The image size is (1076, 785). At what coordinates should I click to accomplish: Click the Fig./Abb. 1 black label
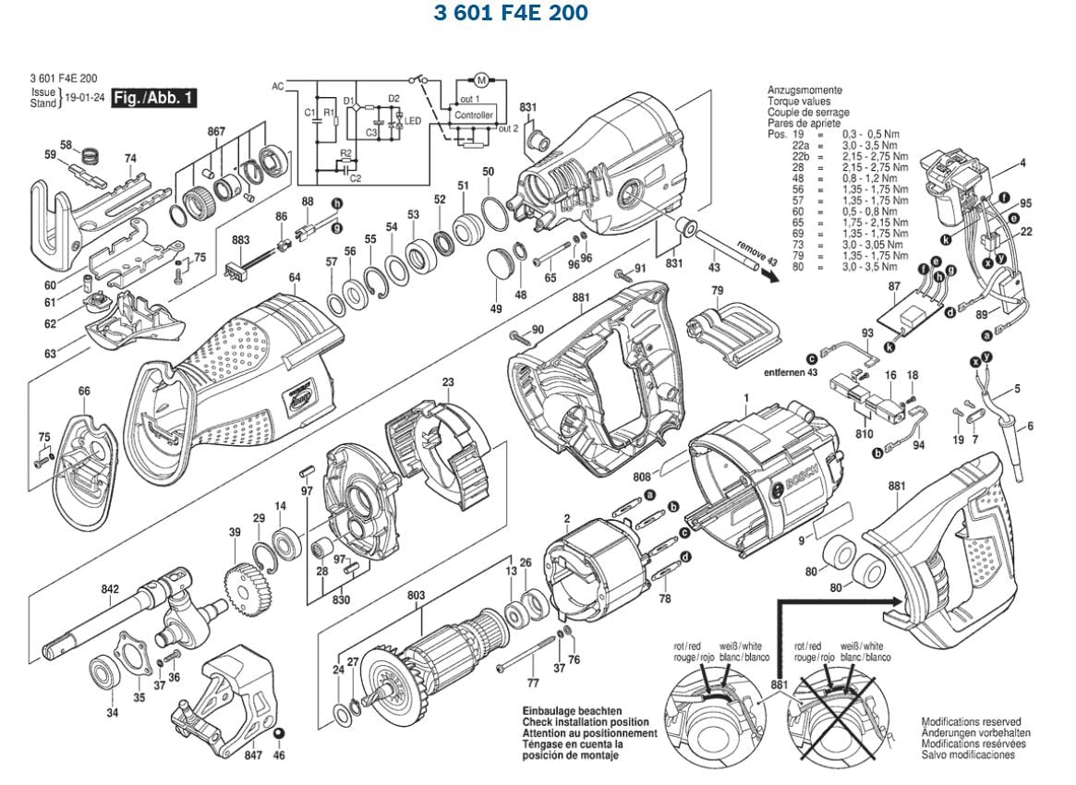point(152,97)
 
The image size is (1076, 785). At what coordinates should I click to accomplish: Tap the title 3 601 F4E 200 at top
point(511,15)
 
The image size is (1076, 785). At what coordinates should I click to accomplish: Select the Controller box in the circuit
point(473,115)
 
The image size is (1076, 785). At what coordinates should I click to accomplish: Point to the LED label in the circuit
point(413,121)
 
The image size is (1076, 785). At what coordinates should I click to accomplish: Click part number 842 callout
point(110,588)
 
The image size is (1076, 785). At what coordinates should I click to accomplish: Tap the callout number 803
point(416,596)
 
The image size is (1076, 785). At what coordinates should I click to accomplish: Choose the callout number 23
point(448,382)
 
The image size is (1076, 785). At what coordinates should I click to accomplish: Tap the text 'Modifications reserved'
point(971,721)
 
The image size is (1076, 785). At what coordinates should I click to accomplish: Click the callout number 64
point(295,278)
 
